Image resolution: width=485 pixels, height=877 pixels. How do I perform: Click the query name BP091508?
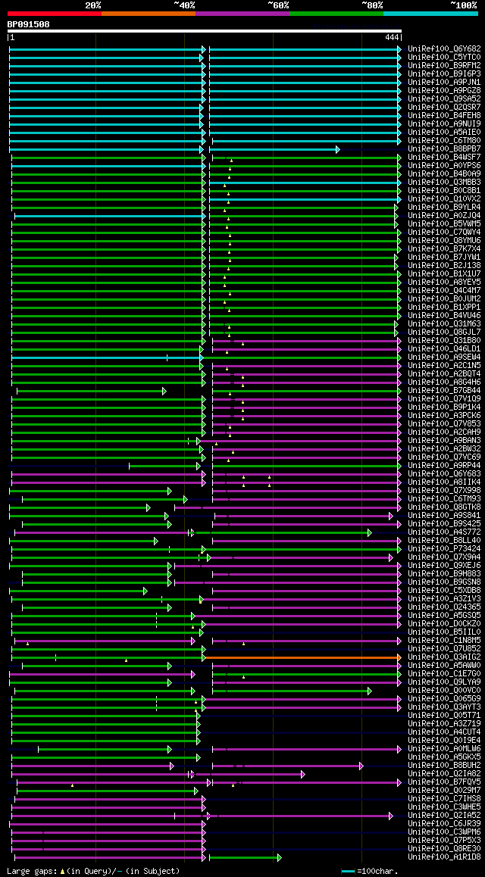click(29, 24)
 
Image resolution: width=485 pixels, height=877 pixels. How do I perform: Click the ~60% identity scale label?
click(278, 5)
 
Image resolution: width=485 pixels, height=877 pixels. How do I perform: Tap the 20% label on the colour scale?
click(93, 5)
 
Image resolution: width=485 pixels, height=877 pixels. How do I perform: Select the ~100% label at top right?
click(463, 5)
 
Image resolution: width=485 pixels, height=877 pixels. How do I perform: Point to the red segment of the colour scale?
click(54, 13)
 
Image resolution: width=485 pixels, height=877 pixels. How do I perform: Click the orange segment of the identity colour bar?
click(148, 13)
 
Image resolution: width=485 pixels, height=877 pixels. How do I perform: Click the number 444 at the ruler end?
click(392, 37)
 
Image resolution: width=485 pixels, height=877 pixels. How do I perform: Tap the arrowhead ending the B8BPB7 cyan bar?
click(338, 149)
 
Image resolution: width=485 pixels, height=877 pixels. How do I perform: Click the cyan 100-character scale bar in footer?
click(348, 871)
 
